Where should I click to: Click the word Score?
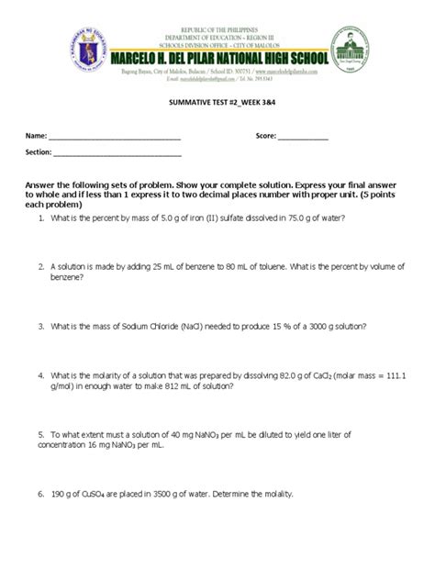266,137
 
